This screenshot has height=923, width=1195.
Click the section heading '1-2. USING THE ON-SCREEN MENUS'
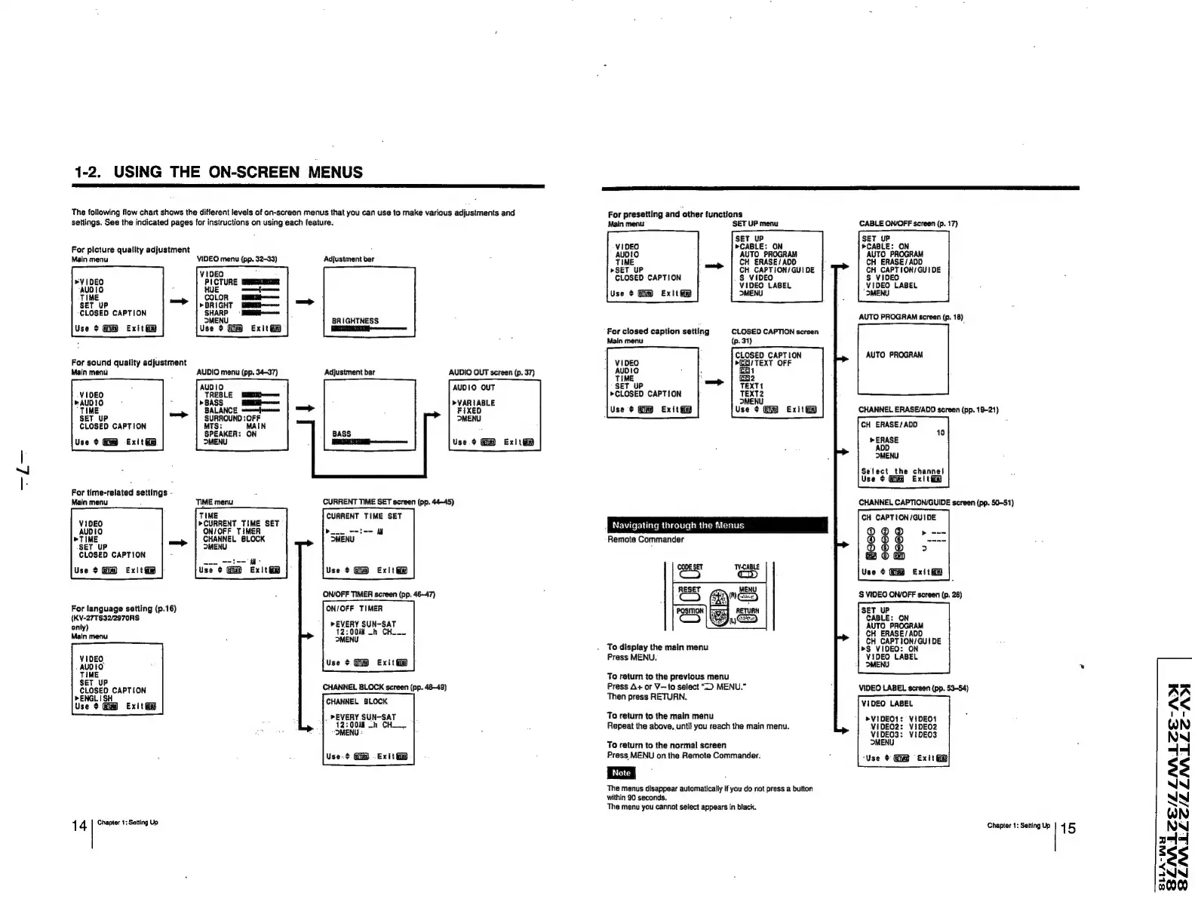click(x=218, y=172)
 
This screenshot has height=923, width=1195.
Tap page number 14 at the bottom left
click(x=78, y=826)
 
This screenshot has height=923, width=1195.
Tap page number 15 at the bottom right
click(x=1068, y=829)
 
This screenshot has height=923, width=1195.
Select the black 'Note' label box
click(x=621, y=772)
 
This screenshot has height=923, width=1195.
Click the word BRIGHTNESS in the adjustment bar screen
click(x=355, y=320)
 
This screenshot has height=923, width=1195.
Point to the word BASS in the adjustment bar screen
click(x=342, y=434)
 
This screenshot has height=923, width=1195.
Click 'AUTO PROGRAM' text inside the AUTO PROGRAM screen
click(x=894, y=354)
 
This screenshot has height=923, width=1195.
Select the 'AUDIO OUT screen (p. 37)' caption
click(x=491, y=372)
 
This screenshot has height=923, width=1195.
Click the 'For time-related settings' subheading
click(x=119, y=492)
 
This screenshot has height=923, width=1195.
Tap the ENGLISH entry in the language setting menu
click(x=97, y=698)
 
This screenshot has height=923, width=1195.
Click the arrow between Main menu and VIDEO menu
click(x=179, y=302)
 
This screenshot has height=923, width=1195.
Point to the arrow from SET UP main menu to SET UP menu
click(x=714, y=265)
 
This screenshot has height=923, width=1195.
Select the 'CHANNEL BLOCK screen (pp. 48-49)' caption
click(x=385, y=687)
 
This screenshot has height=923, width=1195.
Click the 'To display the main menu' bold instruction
click(x=657, y=647)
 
